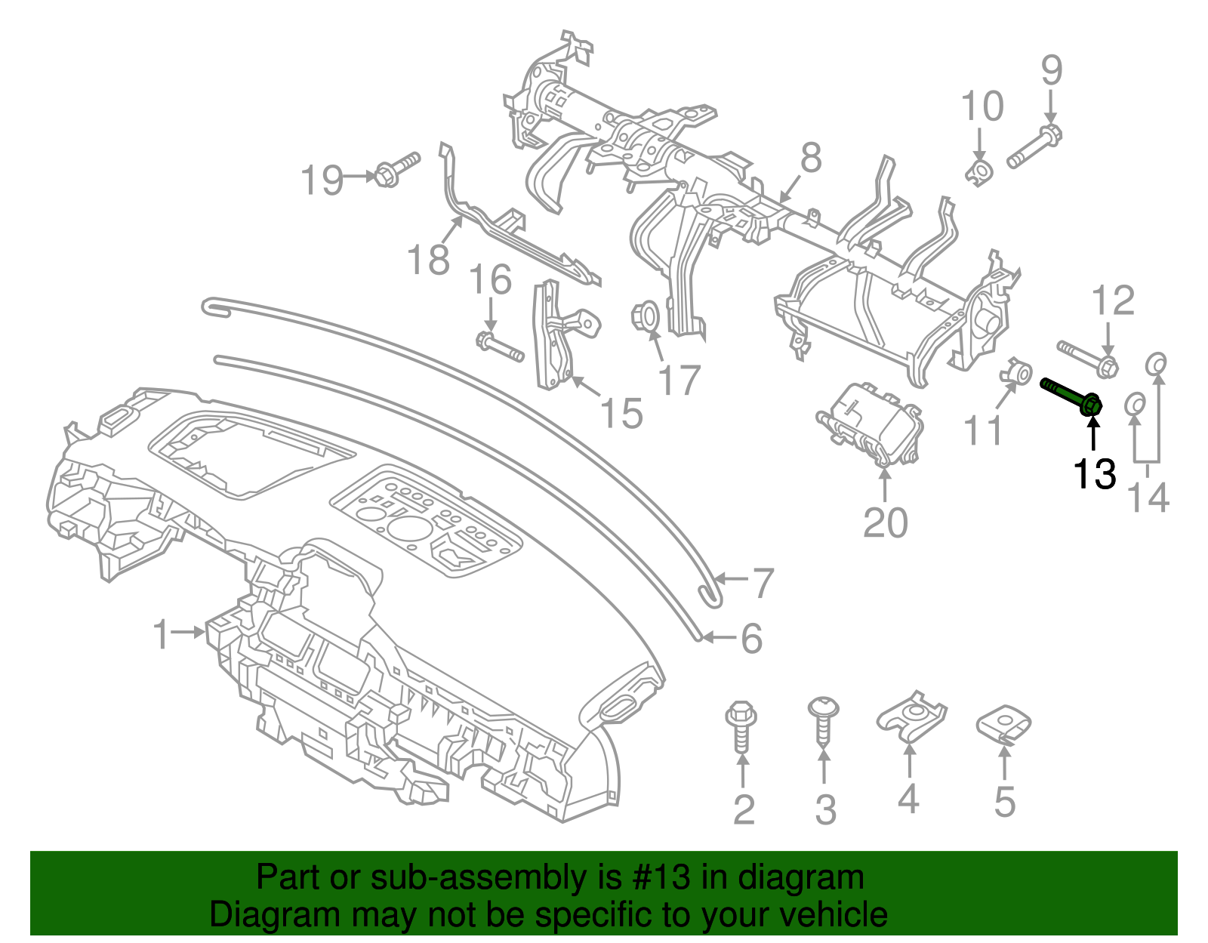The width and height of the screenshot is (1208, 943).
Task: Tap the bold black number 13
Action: coord(1094,474)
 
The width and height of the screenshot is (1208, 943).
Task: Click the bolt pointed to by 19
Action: coord(396,170)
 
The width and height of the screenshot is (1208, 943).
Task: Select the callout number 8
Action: coord(810,159)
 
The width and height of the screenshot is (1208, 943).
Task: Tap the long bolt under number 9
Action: coord(1034,148)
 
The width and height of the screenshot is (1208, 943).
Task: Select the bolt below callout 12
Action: coord(1087,359)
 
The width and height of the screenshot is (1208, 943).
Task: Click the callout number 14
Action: coord(1148,498)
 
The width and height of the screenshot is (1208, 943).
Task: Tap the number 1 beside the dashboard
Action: coord(161,633)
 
